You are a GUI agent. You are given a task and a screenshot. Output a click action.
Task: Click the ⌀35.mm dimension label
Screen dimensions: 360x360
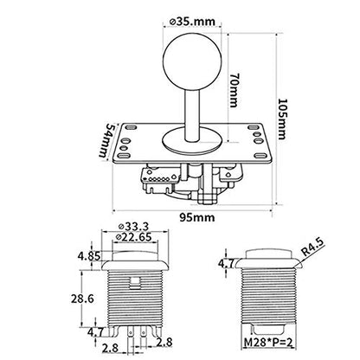[x=192, y=22]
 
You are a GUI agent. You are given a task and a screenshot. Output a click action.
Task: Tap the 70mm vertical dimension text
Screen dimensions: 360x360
[x=235, y=90]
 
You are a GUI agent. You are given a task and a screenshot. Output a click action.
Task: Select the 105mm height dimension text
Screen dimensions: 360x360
[x=282, y=119]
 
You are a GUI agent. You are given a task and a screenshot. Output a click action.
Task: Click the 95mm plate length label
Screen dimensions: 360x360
[x=197, y=217]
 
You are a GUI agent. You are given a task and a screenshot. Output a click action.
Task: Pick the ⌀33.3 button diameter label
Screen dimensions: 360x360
[x=133, y=227]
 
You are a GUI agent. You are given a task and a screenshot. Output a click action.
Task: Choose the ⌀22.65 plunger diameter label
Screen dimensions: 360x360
[x=133, y=237]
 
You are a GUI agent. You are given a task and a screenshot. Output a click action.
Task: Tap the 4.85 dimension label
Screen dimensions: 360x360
[x=89, y=256]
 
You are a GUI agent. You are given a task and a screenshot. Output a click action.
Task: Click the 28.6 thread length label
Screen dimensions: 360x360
[x=82, y=299]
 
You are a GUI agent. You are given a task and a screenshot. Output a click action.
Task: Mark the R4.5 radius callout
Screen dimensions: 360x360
[x=313, y=247]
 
